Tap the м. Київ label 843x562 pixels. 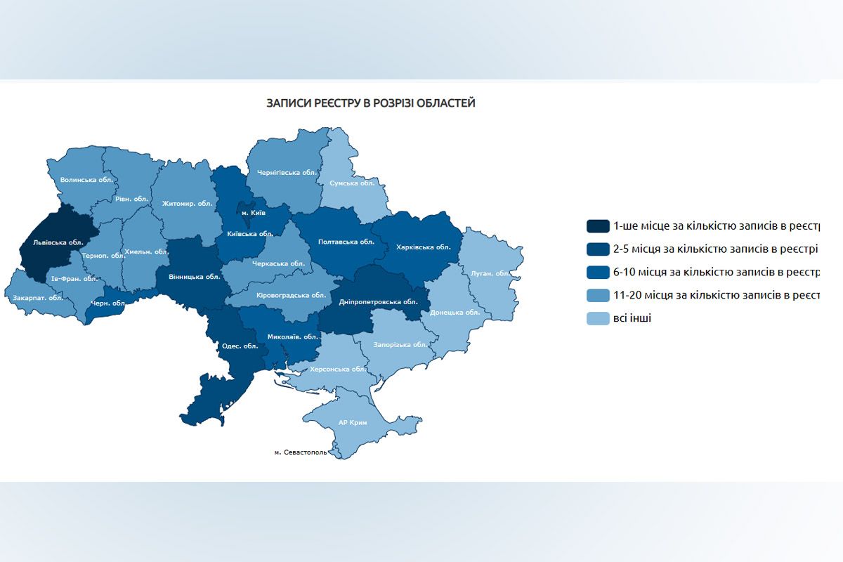pos(254,213)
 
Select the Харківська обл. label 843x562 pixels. pos(423,247)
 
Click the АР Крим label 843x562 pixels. pos(353,423)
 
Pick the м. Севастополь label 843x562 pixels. pos(301,452)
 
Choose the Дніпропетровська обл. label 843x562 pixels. pos(379,301)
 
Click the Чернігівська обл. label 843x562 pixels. pos(288,172)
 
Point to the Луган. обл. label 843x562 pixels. pos(490,273)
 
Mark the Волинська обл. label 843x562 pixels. pos(86,180)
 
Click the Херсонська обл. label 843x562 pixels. pos(339,369)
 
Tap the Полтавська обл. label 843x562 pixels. pos(341,241)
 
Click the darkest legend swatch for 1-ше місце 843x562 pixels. pos(598,226)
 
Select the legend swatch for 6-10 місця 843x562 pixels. pos(598,272)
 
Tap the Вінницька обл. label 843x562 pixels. pos(195,277)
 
